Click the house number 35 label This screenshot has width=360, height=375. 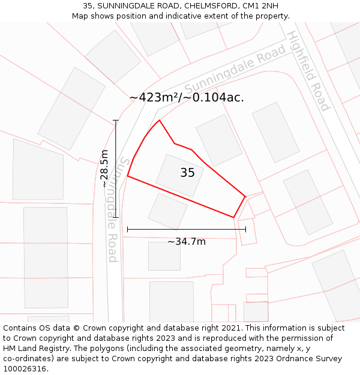coord(187,173)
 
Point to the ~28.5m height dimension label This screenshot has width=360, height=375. coord(105,169)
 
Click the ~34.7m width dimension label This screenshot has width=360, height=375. coord(186,241)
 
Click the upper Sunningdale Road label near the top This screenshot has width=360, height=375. coord(235,71)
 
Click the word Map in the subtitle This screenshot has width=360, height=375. coord(80,16)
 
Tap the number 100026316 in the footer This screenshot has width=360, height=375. coord(24,368)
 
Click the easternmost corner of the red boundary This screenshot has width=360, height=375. coord(245,196)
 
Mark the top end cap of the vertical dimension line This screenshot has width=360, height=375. coord(115,121)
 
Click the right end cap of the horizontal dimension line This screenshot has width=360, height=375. coord(245,229)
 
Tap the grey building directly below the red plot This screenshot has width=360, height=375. coord(168,211)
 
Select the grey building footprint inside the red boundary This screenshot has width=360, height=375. coord(179,175)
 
